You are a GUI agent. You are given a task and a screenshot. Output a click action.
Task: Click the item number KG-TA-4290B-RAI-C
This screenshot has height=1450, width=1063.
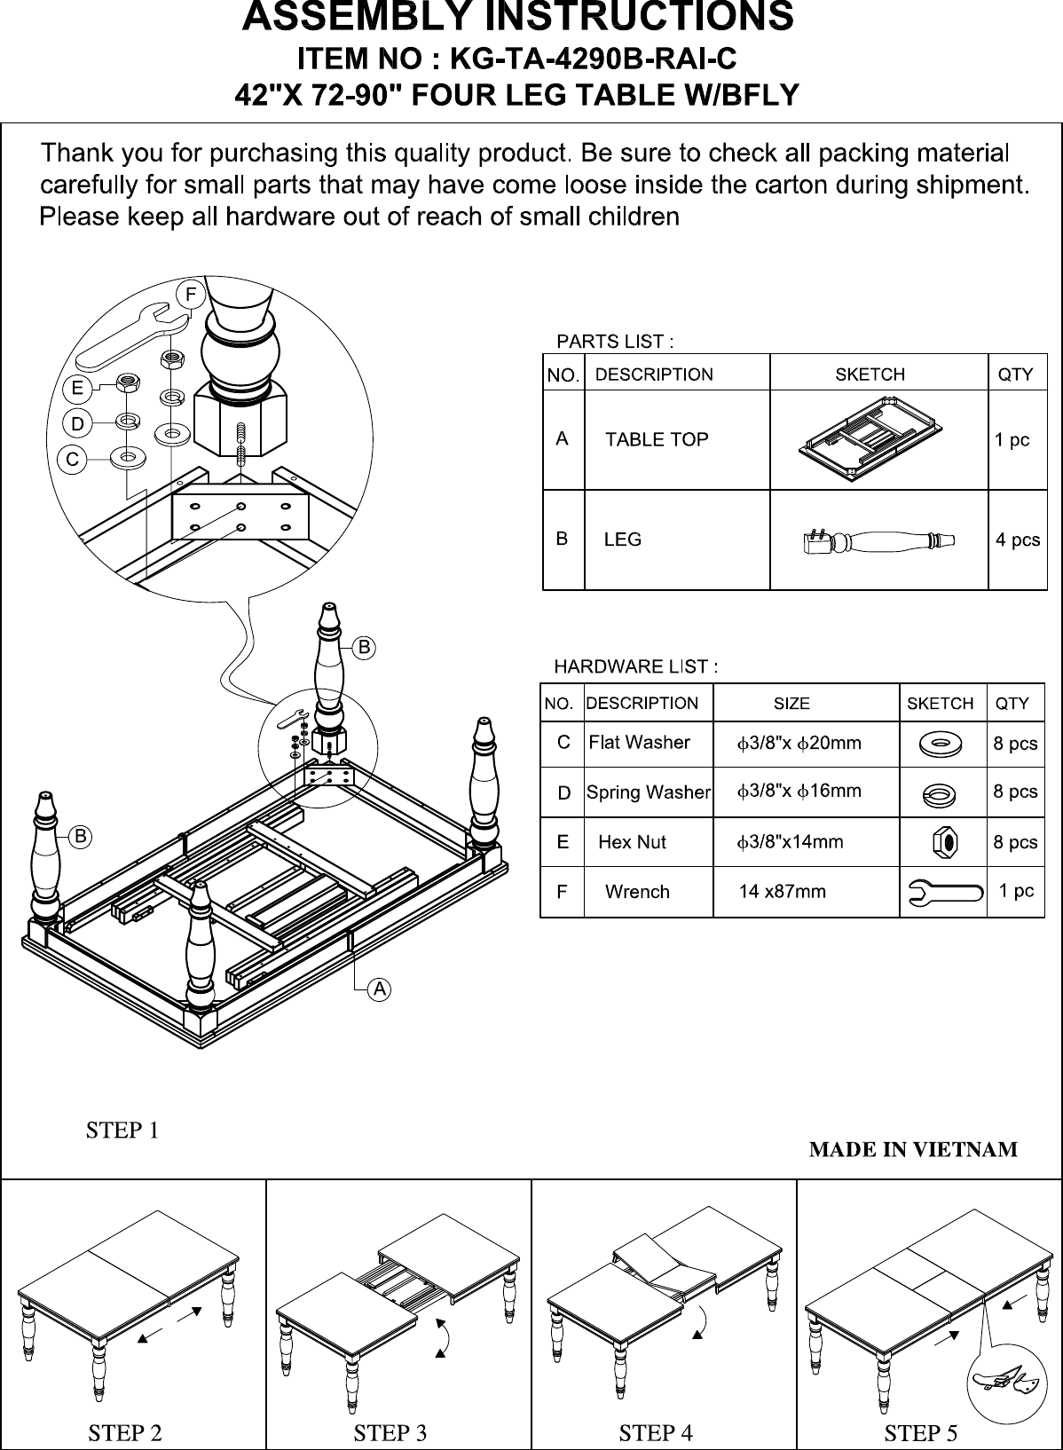[593, 59]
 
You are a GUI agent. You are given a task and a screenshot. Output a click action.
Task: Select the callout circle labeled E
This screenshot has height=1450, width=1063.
[78, 388]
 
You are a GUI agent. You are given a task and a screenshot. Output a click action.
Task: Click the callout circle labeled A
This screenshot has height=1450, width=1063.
[379, 989]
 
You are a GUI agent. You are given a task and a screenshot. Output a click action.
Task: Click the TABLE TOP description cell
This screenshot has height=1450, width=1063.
[657, 439]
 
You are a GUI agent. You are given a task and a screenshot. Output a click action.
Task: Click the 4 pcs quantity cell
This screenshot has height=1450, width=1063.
[1017, 540]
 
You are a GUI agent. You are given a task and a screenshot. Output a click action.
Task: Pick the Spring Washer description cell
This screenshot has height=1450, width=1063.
[649, 792]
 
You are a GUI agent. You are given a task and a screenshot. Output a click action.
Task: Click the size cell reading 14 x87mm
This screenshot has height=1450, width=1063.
[782, 891]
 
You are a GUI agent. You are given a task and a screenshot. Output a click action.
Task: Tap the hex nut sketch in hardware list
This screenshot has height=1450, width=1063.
[943, 841]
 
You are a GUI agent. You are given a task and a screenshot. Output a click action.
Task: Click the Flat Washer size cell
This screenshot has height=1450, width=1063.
[799, 743]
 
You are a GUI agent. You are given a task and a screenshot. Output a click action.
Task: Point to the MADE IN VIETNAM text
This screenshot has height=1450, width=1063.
[913, 1150]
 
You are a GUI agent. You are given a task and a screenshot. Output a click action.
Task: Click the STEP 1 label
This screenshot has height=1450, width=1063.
[122, 1131]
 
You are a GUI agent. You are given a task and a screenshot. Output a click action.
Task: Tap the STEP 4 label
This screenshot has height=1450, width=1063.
[655, 1432]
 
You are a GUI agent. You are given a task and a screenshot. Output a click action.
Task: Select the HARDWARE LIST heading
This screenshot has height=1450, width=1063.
[635, 666]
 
